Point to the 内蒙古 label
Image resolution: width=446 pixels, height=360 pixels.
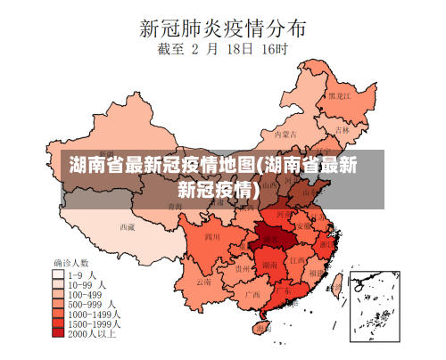[x=283, y=135]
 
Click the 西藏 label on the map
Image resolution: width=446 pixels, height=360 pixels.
[x=128, y=226]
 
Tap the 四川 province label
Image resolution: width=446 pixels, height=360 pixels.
[x=212, y=237]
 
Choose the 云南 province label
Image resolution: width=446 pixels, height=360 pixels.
[x=204, y=282]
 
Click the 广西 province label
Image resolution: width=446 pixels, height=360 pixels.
[x=252, y=292]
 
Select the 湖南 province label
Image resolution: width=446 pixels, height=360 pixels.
[x=268, y=265]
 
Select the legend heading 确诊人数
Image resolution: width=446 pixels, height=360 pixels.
[x=71, y=264]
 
